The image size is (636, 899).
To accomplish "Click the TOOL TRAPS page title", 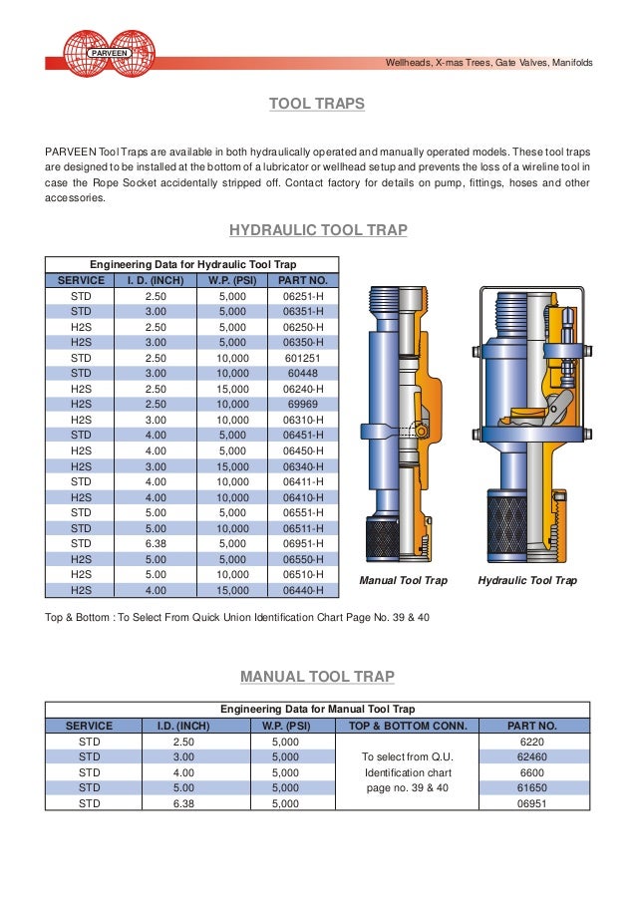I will coord(318,104).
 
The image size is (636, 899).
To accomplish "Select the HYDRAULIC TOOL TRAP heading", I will coord(318,230).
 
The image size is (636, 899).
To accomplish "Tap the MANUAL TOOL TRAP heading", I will coord(318,677).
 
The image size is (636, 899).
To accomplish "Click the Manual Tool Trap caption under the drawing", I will coord(403,580).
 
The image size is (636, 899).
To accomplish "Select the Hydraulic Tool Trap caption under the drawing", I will coord(527,580).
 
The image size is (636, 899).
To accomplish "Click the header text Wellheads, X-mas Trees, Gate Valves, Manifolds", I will coord(488,63).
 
